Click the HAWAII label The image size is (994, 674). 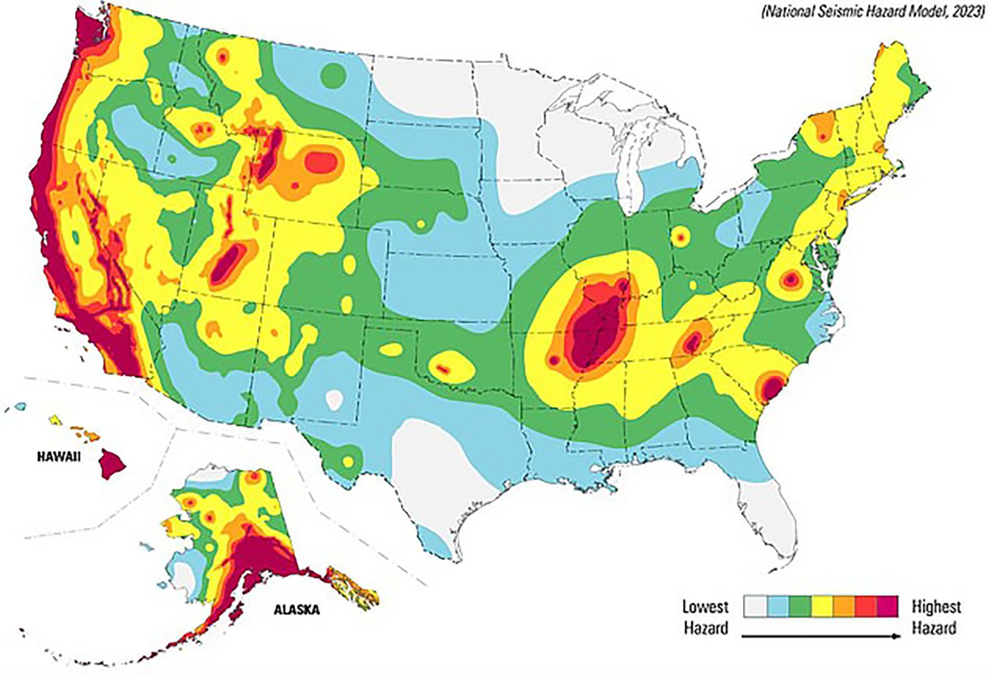point(58,457)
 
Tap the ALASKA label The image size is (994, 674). point(296,609)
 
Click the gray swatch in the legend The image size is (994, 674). point(755,607)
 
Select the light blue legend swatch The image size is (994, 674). point(778,607)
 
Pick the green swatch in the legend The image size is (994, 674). point(800,607)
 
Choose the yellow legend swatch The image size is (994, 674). point(822,607)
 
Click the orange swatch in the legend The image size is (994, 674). point(844,607)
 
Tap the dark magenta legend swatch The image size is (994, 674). point(888,607)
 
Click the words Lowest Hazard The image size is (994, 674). point(705,617)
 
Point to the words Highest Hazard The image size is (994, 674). point(936,617)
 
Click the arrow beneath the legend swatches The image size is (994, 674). point(821,636)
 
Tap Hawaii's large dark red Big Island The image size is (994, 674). point(111,463)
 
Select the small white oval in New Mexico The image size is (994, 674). point(334,399)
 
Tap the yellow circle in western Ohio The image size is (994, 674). point(679,238)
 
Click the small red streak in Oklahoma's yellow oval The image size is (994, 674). point(443,369)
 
